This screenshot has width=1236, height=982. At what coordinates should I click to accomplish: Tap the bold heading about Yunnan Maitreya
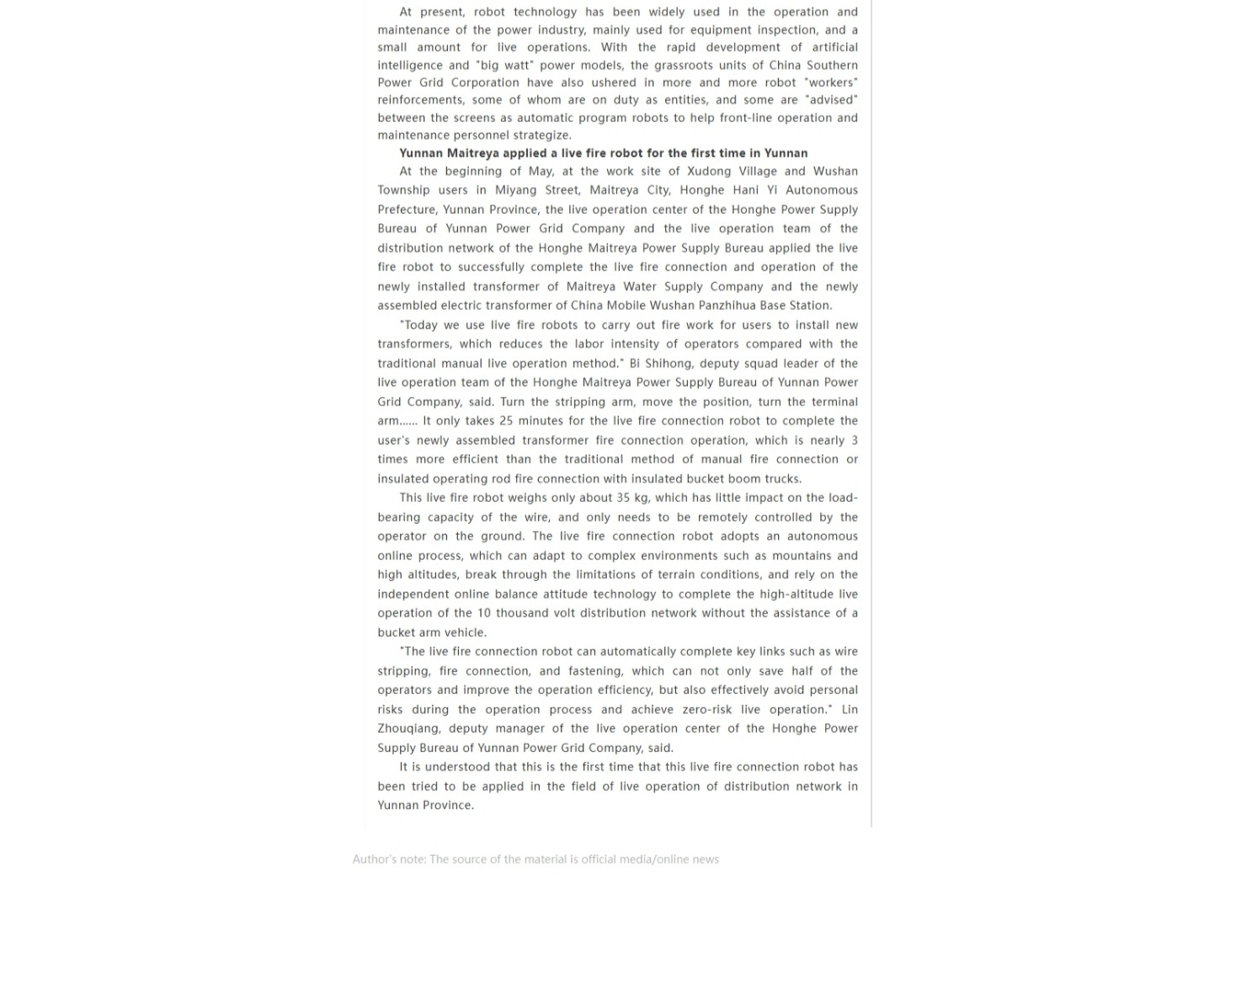tap(603, 153)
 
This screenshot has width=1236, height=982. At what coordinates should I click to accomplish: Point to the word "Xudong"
tap(710, 171)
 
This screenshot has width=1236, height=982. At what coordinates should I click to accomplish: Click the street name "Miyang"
tap(516, 190)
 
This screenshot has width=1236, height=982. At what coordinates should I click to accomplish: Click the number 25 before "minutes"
tap(506, 420)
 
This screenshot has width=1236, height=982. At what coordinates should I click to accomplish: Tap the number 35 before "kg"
tap(623, 498)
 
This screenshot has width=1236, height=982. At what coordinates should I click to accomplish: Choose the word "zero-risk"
tap(708, 709)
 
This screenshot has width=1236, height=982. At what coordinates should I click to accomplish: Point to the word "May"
tap(540, 171)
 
